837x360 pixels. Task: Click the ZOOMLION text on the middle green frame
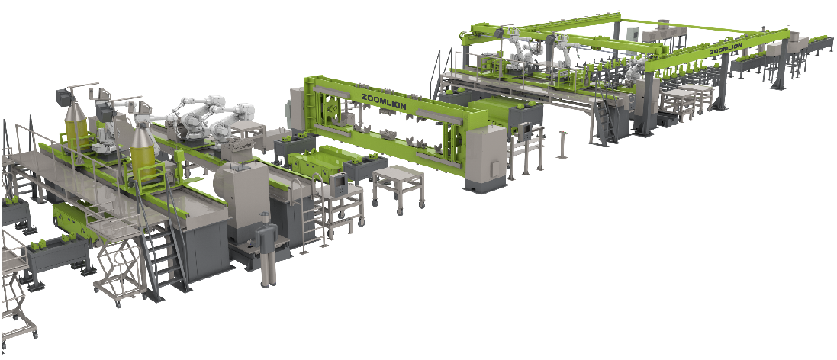tap(382, 101)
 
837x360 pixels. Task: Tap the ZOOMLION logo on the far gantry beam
tap(725, 50)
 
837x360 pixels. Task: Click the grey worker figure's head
tap(265, 218)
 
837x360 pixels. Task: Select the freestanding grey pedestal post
tap(561, 144)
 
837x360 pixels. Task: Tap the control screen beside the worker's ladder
tap(339, 184)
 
